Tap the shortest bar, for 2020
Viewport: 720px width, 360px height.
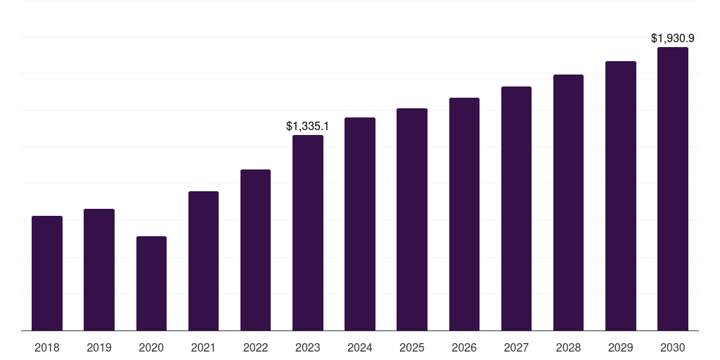coord(151,283)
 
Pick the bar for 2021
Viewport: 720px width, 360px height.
coord(203,261)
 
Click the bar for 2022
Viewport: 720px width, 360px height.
coord(255,250)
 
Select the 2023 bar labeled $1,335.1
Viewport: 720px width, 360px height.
coord(308,233)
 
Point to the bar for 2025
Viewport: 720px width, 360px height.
coord(412,219)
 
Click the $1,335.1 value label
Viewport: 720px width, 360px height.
coord(307,126)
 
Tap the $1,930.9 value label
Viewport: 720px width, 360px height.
coord(672,38)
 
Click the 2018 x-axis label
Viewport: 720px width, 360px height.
coord(47,347)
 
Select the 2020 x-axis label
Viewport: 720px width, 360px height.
coord(151,347)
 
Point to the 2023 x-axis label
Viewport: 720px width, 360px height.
coord(308,347)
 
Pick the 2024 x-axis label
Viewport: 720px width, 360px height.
coord(360,347)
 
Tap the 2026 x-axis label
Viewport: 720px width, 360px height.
coord(464,347)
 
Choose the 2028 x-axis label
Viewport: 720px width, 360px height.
coord(568,347)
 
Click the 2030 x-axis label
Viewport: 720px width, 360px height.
coord(673,347)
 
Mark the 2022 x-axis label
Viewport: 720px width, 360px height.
coord(255,347)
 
